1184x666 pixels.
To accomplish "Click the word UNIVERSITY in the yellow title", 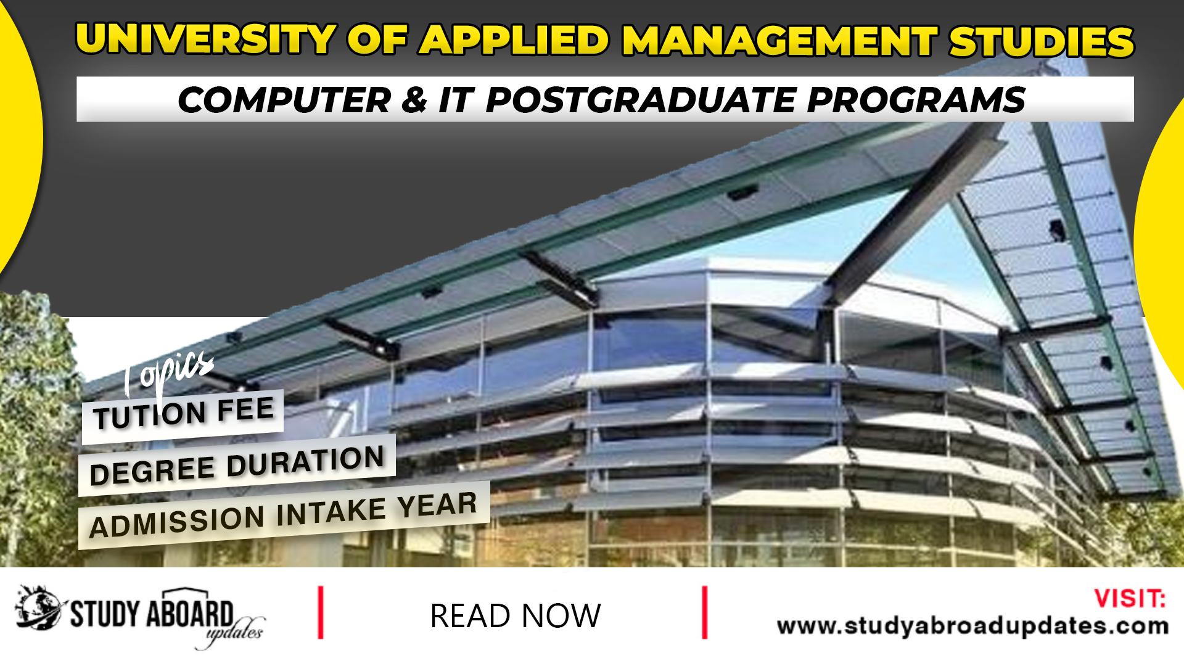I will [205, 40].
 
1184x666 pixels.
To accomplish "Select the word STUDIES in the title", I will [1042, 42].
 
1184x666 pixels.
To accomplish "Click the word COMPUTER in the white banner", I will [284, 100].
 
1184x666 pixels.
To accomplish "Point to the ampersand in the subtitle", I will [414, 100].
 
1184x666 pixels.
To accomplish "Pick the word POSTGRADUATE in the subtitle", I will [641, 100].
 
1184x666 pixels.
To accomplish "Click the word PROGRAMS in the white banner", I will [916, 100].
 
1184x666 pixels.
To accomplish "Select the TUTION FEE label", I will [183, 413].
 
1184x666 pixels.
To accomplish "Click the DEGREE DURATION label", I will [237, 465].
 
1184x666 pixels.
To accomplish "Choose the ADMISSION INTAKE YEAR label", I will [283, 516].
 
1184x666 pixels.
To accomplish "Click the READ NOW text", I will [515, 615].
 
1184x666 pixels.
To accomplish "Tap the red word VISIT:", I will [1130, 599].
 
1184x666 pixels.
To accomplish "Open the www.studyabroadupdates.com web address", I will [972, 626].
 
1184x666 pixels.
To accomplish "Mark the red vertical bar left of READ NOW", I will [321, 612].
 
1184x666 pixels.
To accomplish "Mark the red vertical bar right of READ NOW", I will [704, 612].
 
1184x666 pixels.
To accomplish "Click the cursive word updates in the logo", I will [234, 633].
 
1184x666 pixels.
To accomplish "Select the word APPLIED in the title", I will [515, 41].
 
